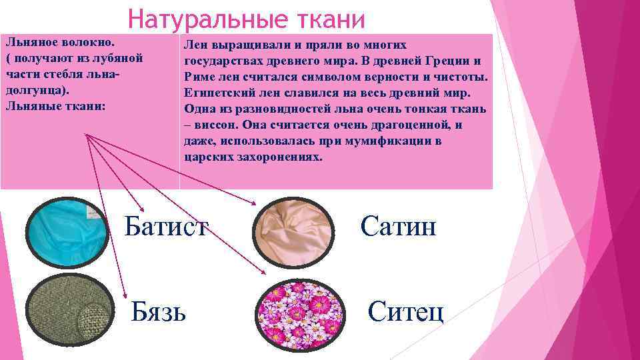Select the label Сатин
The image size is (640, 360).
398,227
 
